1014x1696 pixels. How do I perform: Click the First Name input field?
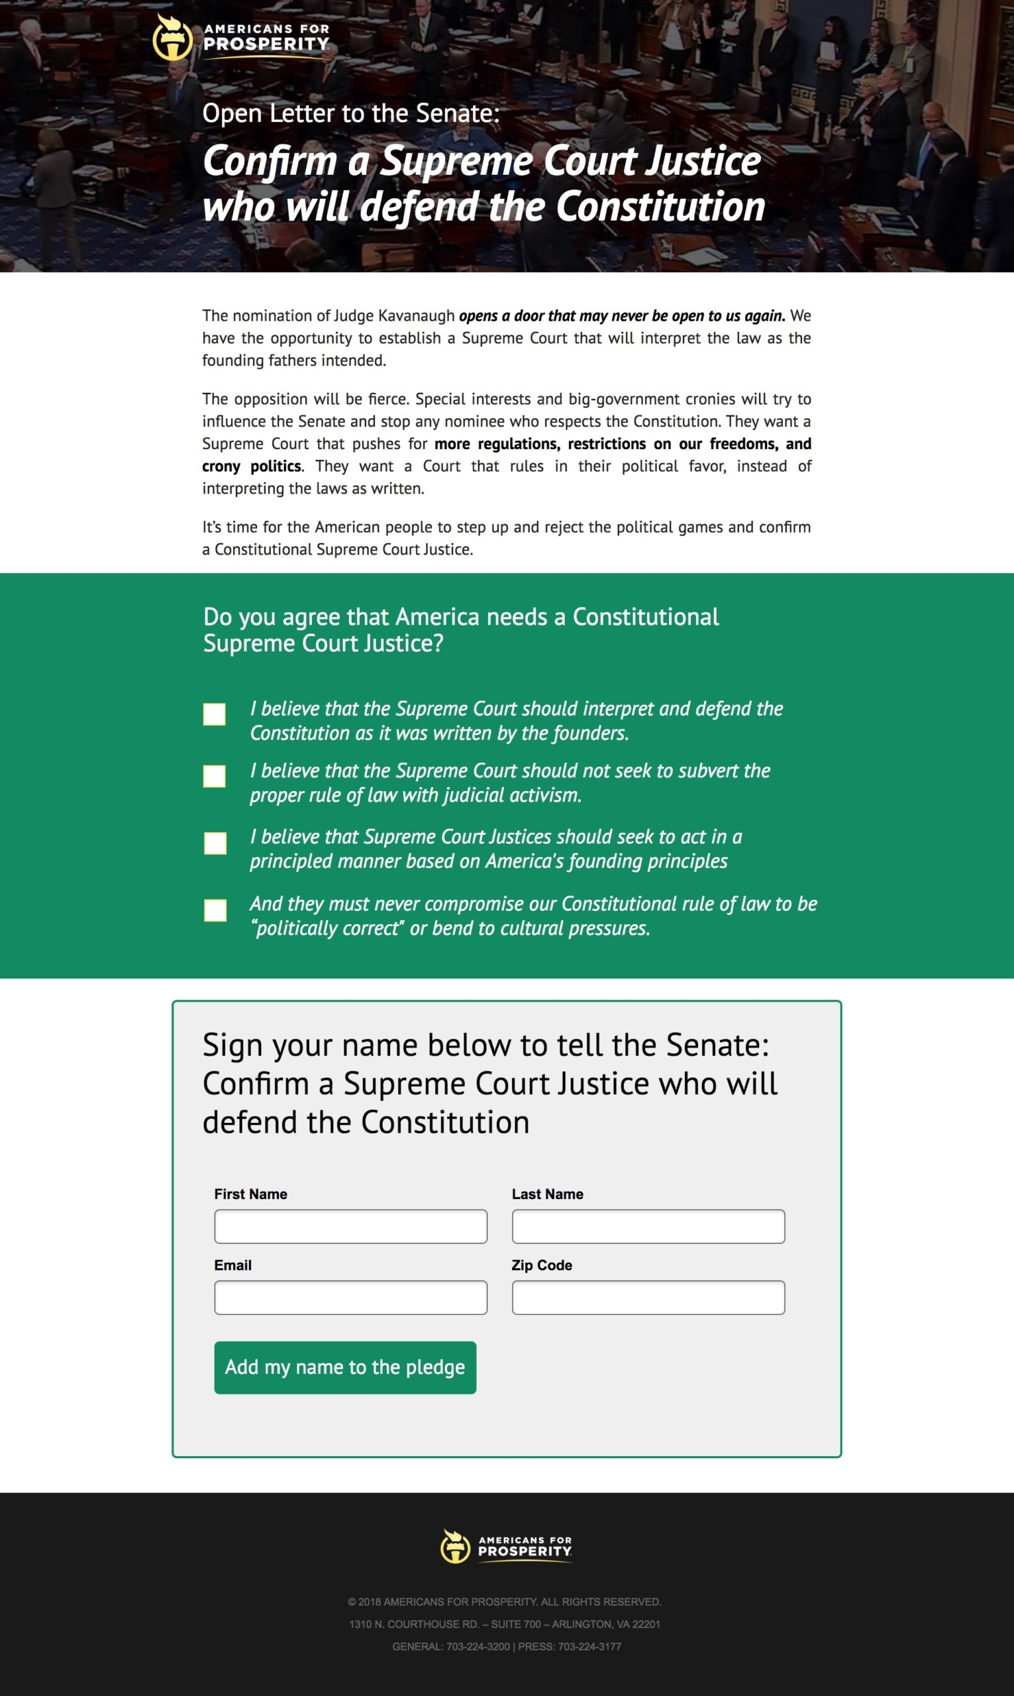(350, 1226)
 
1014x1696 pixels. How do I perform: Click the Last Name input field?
(648, 1226)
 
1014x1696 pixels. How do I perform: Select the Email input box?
(350, 1297)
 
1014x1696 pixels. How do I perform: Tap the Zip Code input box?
(648, 1297)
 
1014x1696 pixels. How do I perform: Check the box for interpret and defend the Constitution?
(215, 714)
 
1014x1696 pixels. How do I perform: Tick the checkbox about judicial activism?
(215, 776)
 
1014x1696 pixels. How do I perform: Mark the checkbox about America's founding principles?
(215, 843)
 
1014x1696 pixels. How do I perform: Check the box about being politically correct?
(215, 910)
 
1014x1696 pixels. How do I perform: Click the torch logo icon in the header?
(172, 38)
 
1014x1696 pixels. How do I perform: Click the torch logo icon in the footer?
(456, 1546)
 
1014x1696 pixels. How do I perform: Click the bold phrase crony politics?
(252, 466)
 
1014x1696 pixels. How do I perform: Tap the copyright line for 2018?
(504, 1602)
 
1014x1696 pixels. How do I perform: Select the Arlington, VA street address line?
(504, 1624)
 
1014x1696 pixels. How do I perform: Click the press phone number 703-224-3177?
(589, 1647)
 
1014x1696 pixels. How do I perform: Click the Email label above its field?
(233, 1265)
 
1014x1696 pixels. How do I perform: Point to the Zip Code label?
(542, 1265)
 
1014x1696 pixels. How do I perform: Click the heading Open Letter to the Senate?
(350, 113)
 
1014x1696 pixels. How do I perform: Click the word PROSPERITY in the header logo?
(266, 44)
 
